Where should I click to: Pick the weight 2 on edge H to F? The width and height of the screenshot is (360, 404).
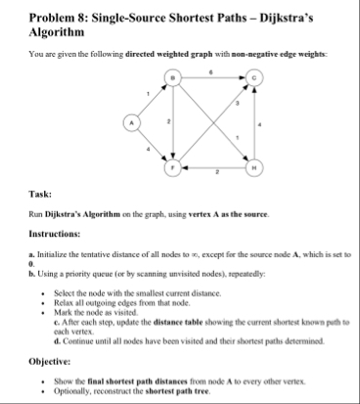tap(214, 175)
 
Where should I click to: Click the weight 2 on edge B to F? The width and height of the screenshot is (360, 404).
tap(167, 124)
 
